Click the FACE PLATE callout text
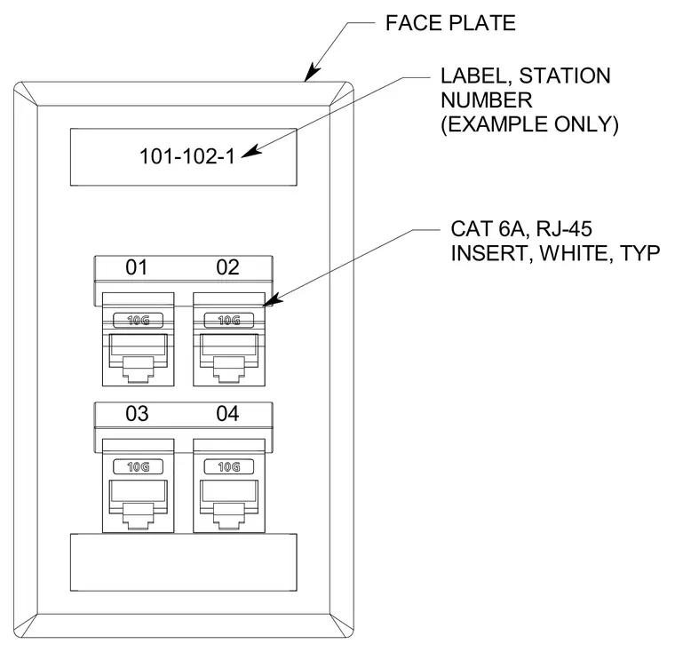(x=450, y=23)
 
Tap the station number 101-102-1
(x=187, y=156)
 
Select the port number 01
(x=137, y=267)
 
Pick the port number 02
(x=227, y=267)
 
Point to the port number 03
(x=137, y=414)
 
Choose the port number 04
(x=227, y=414)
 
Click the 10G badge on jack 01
(x=139, y=320)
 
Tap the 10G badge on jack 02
(x=229, y=320)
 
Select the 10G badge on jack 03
(x=139, y=466)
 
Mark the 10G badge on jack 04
(x=229, y=466)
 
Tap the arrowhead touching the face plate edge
(x=312, y=72)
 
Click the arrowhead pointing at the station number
(x=251, y=152)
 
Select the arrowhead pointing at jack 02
(x=273, y=299)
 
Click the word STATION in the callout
(x=565, y=76)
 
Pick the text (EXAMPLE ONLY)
(x=529, y=124)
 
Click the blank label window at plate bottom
(x=183, y=562)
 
